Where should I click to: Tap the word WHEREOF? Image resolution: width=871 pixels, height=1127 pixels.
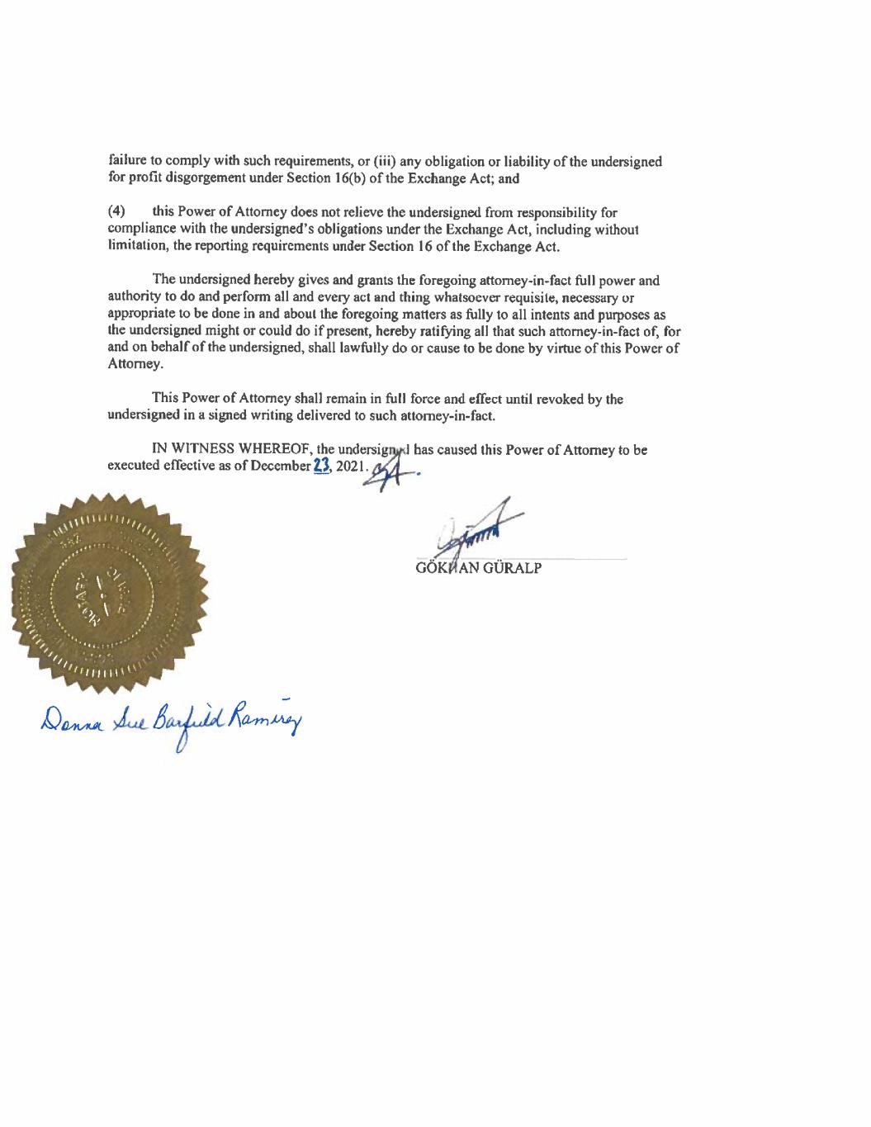pyautogui.click(x=267, y=451)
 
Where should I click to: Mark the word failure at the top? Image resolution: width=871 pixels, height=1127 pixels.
pyautogui.click(x=126, y=161)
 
